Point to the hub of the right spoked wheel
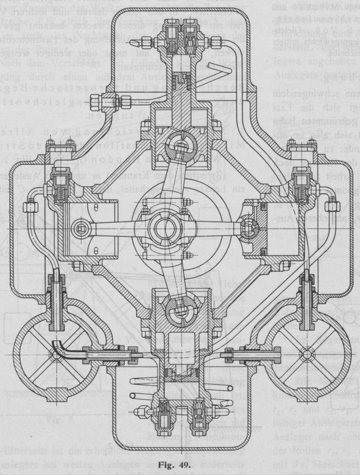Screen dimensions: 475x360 pyautogui.click(x=306, y=354)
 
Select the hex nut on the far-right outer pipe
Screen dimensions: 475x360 pyautogui.click(x=334, y=207)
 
